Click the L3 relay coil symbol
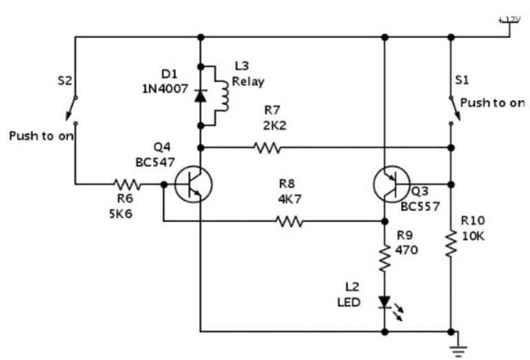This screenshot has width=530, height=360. [x=222, y=96]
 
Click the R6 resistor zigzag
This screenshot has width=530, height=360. [x=127, y=184]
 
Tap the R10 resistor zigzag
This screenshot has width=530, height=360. [x=451, y=243]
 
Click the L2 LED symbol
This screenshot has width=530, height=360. [x=384, y=303]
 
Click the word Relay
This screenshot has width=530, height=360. [x=244, y=81]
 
